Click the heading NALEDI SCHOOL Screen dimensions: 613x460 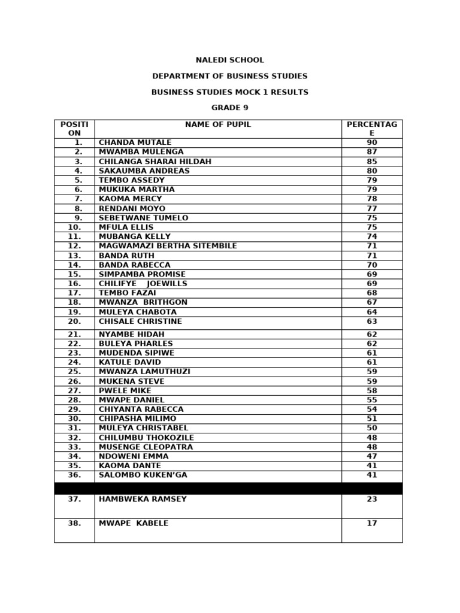[x=229, y=60]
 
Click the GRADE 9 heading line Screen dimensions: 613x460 [x=229, y=108]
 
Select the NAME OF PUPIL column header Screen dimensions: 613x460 [x=218, y=125]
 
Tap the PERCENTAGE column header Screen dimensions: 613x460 [x=372, y=129]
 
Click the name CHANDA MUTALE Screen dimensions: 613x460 [x=135, y=142]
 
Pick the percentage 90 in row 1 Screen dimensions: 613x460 [x=372, y=142]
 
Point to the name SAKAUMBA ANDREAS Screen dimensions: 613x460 [x=144, y=171]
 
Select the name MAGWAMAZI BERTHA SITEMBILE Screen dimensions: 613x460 [x=168, y=246]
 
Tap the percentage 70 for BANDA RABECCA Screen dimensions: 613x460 [x=372, y=265]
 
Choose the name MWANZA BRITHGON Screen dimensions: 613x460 [x=143, y=303]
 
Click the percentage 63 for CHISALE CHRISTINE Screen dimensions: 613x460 [x=372, y=321]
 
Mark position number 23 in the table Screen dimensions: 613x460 [x=74, y=353]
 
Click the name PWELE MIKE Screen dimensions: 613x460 [x=125, y=391]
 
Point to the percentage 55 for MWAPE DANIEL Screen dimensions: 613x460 [x=372, y=400]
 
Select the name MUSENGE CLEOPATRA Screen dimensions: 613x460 [x=146, y=447]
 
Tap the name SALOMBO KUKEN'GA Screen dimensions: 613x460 [x=143, y=475]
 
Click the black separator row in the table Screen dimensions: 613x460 [x=228, y=488]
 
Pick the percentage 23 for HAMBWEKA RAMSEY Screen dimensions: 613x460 [x=372, y=499]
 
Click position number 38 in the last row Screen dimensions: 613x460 [x=74, y=523]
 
